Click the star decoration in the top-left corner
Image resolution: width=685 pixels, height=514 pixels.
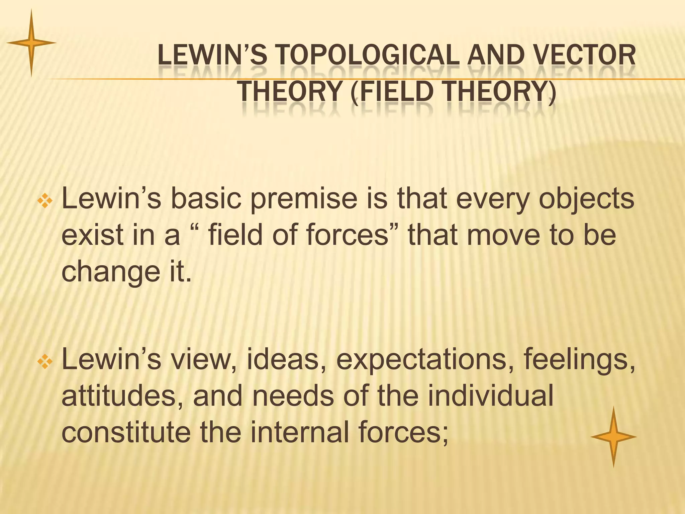pos(31,43)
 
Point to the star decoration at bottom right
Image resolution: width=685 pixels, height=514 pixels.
pos(613,437)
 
